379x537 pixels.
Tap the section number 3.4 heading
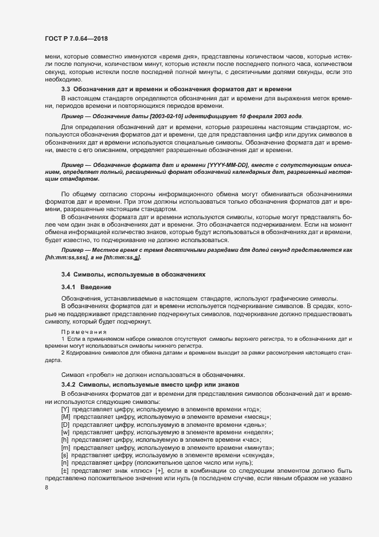point(65,275)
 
